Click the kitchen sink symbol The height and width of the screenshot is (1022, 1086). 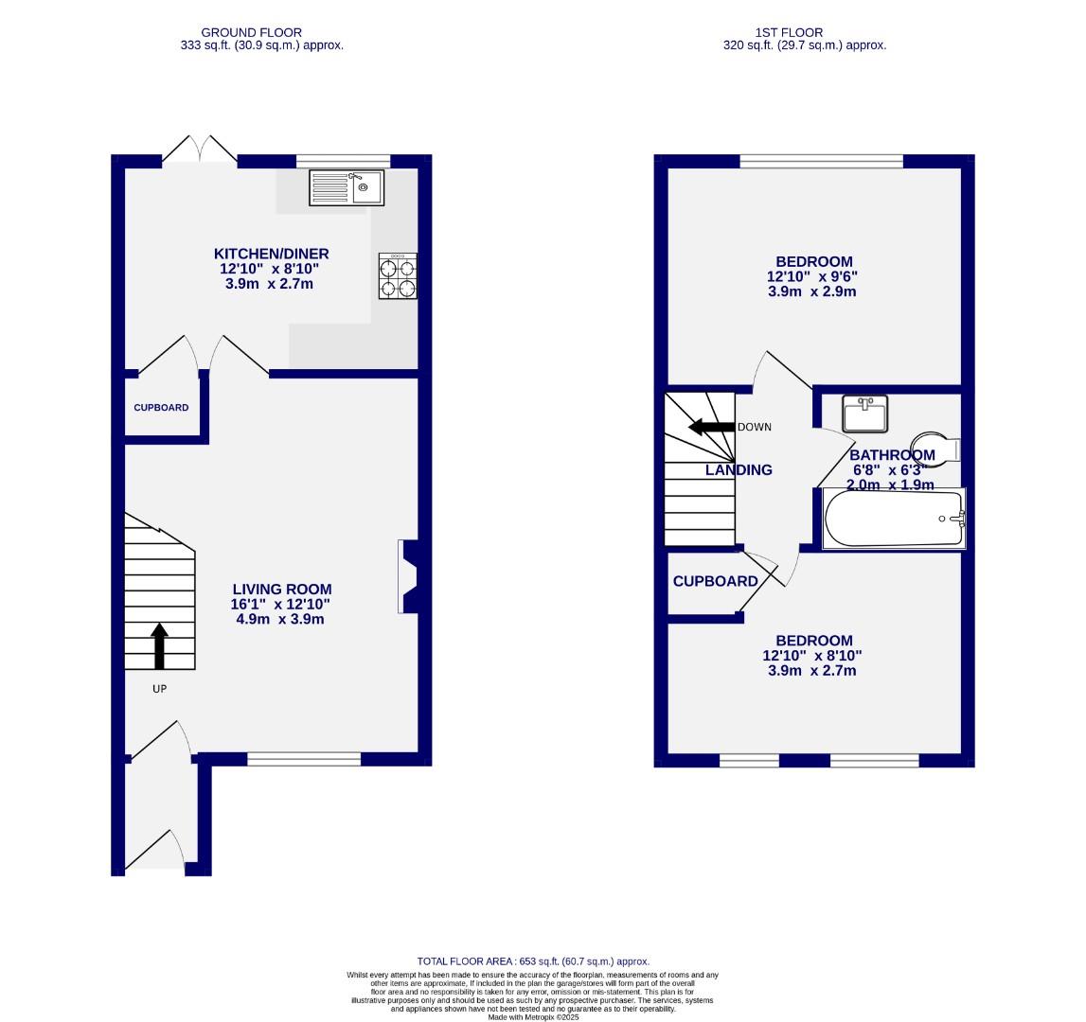pos(346,187)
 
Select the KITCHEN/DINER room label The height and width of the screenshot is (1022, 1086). pos(271,254)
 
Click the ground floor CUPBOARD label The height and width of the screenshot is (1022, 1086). pos(161,408)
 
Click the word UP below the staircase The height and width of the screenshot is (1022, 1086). pos(159,689)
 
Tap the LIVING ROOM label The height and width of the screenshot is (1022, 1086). pos(281,590)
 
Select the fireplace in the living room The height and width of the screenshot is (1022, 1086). pos(410,576)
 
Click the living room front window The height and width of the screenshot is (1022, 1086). pos(304,758)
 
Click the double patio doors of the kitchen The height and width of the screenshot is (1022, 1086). pos(200,150)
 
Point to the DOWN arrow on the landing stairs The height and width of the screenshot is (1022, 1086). pos(712,427)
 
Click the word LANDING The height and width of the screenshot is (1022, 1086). pos(739,470)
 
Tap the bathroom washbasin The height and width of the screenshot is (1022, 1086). pos(864,413)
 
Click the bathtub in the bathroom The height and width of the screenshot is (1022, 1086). pos(893,519)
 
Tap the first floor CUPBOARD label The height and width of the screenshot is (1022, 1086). pos(715,581)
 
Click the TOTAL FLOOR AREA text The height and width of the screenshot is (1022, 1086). pos(533,961)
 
